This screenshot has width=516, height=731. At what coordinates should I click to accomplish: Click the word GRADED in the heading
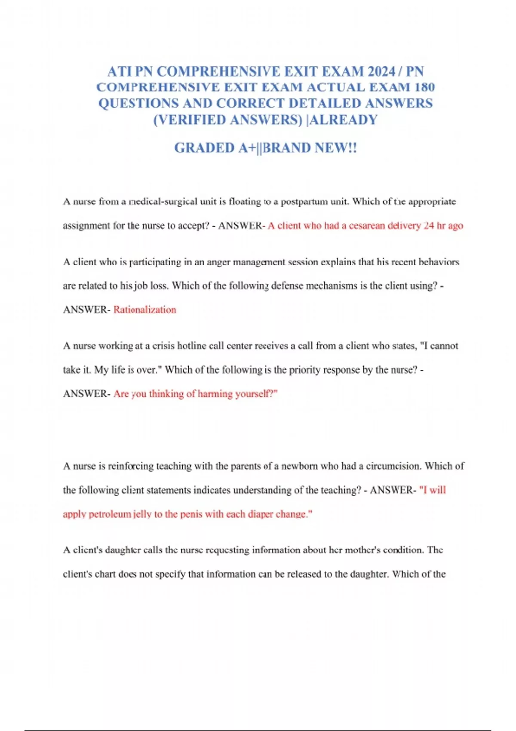point(204,148)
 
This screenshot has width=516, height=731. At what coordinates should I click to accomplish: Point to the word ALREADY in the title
point(344,120)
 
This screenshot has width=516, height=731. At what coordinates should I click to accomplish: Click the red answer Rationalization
point(145,310)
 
